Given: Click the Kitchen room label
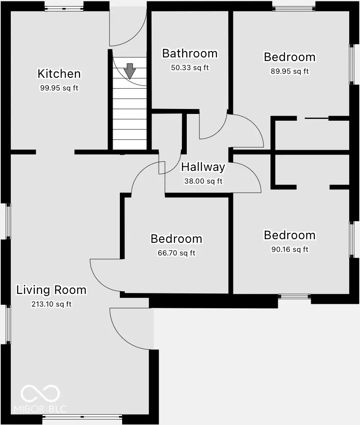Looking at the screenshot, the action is tap(59, 74).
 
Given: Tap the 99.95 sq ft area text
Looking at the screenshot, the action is tap(59, 88).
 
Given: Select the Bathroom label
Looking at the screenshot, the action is tap(190, 53).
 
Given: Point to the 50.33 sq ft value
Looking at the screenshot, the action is tap(190, 67).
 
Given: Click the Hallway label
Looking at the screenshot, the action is tap(203, 167).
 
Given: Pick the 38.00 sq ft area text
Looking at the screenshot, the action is tap(204, 181).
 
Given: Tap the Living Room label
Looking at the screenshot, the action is tap(52, 290).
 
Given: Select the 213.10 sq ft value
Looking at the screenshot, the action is tap(52, 304).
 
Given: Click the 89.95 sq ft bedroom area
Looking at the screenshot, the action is tap(289, 71).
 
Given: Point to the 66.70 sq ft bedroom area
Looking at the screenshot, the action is tap(176, 253).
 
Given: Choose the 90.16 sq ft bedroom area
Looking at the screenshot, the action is tap(290, 249).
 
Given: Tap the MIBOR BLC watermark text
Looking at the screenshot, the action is tap(40, 409).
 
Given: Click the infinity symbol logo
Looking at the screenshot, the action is tap(40, 393).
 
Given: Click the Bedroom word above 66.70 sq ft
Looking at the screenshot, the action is tap(176, 239).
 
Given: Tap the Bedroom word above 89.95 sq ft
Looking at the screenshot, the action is tap(290, 57).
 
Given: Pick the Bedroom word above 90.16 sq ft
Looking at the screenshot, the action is tap(290, 235).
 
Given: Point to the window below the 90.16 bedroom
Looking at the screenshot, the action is tap(294, 297).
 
